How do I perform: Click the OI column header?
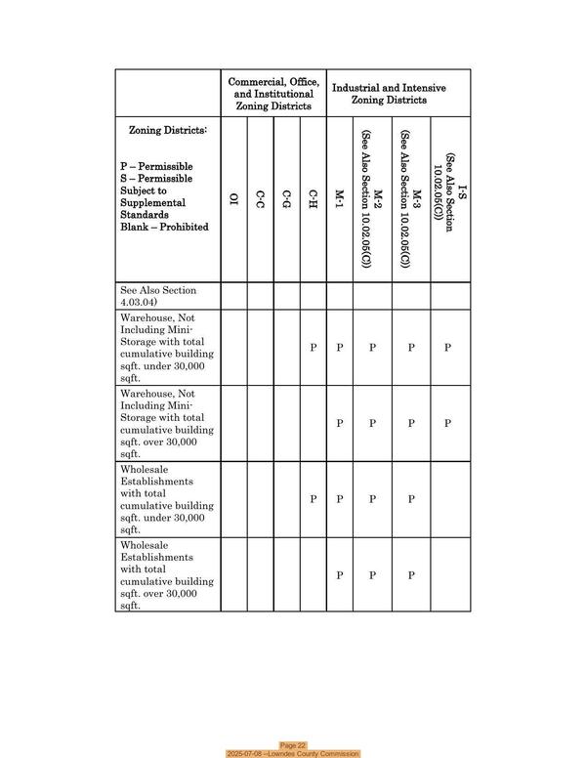[x=233, y=200]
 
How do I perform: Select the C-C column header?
[x=260, y=200]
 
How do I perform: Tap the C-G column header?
[x=286, y=200]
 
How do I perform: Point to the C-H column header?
[x=313, y=200]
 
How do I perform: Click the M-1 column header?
[x=339, y=200]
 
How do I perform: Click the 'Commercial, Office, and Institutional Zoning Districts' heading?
[x=273, y=94]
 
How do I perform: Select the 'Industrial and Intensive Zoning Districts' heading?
[x=389, y=94]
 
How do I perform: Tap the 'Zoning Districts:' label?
[x=168, y=130]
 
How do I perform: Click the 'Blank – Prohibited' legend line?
[x=164, y=227]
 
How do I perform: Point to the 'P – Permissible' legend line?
[x=156, y=166]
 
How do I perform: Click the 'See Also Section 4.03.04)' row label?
[x=158, y=296]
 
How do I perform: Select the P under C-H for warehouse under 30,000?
[x=313, y=347]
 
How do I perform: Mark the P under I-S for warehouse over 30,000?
[x=447, y=423]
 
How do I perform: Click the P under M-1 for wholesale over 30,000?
[x=339, y=575]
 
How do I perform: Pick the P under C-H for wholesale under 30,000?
[x=313, y=499]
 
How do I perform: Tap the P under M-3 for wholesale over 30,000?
[x=411, y=575]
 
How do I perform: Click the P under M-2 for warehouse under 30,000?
[x=372, y=347]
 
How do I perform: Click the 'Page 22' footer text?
[x=293, y=744]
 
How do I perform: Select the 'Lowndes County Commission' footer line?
[x=293, y=753]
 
